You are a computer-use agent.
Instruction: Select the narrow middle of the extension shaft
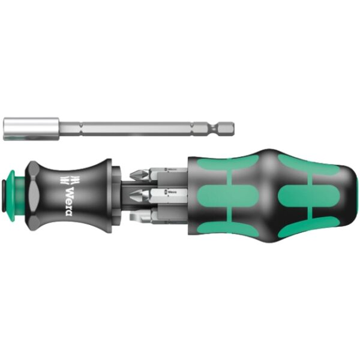144,128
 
